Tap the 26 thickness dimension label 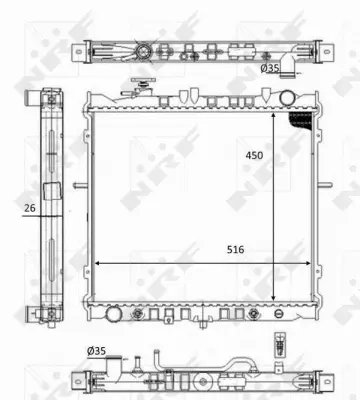(31, 208)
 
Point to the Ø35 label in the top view (269, 69)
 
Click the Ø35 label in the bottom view (97, 351)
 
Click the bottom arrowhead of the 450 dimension (273, 297)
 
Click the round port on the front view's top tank (288, 97)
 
